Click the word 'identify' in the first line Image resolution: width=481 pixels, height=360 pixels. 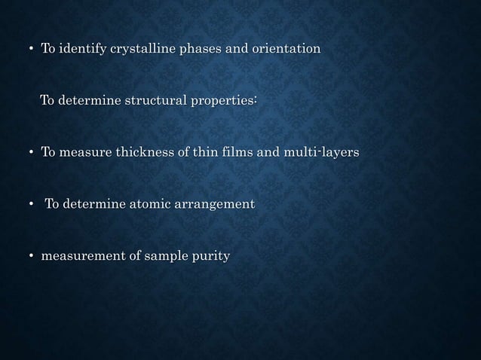pos(81,49)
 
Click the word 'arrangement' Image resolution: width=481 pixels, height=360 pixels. pos(214,204)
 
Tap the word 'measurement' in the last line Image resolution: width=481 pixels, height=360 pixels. pos(78,257)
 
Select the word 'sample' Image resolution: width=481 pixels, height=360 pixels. pos(163,257)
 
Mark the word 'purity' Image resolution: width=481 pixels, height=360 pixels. pos(211,257)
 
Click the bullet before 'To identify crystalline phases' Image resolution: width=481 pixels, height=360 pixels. pos(30,50)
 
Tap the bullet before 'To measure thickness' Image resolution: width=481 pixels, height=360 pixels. pos(30,153)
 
